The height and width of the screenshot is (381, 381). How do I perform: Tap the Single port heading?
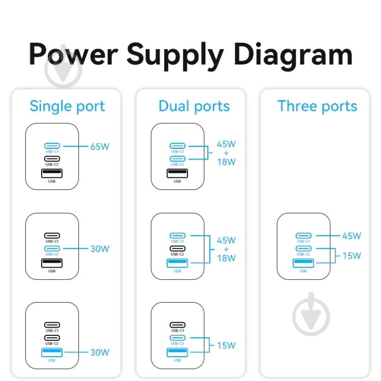(x=67, y=107)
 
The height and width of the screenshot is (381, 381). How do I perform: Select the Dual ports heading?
(x=194, y=106)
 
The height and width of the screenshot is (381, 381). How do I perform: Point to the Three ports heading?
(x=317, y=106)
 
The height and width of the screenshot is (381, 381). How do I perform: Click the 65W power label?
(x=100, y=147)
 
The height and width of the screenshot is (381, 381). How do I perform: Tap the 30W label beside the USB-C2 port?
(x=100, y=249)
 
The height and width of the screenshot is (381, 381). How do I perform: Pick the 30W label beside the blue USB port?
(x=100, y=352)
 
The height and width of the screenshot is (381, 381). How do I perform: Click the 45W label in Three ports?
(x=352, y=236)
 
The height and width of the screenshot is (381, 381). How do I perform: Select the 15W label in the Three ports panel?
(x=352, y=256)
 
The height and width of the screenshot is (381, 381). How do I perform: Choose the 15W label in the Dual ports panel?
(x=226, y=345)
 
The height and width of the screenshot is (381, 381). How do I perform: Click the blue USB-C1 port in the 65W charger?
(x=52, y=146)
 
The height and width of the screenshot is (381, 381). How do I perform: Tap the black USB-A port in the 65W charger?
(x=52, y=173)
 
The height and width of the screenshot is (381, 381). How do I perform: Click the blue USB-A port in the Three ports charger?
(x=303, y=263)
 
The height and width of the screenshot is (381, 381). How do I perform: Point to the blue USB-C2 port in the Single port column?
(x=52, y=248)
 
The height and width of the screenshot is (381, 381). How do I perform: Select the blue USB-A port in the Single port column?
(x=52, y=352)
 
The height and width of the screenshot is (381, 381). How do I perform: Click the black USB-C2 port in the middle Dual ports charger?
(x=177, y=248)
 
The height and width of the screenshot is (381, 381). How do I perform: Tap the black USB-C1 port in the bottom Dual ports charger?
(x=177, y=325)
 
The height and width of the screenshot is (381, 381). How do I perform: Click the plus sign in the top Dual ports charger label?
(x=226, y=153)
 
